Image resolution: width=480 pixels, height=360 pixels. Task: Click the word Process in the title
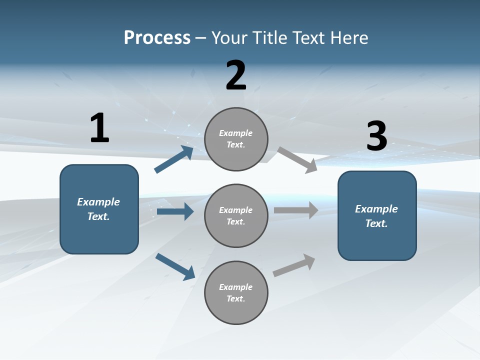157,38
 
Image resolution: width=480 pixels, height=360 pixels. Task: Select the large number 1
99,128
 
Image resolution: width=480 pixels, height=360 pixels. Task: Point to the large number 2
236,75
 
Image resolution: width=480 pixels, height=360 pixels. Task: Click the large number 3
376,136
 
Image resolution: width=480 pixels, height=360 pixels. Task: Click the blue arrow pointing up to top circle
174,159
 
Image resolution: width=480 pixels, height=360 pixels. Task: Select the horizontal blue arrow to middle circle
175,211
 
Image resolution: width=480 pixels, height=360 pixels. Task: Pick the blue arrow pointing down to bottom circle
175,266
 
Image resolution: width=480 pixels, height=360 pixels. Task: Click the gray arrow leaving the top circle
297,160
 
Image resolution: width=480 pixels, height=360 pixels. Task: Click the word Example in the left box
98,202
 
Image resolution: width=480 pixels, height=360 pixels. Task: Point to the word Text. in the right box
376,223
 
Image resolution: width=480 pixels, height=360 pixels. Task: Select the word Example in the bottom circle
236,287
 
